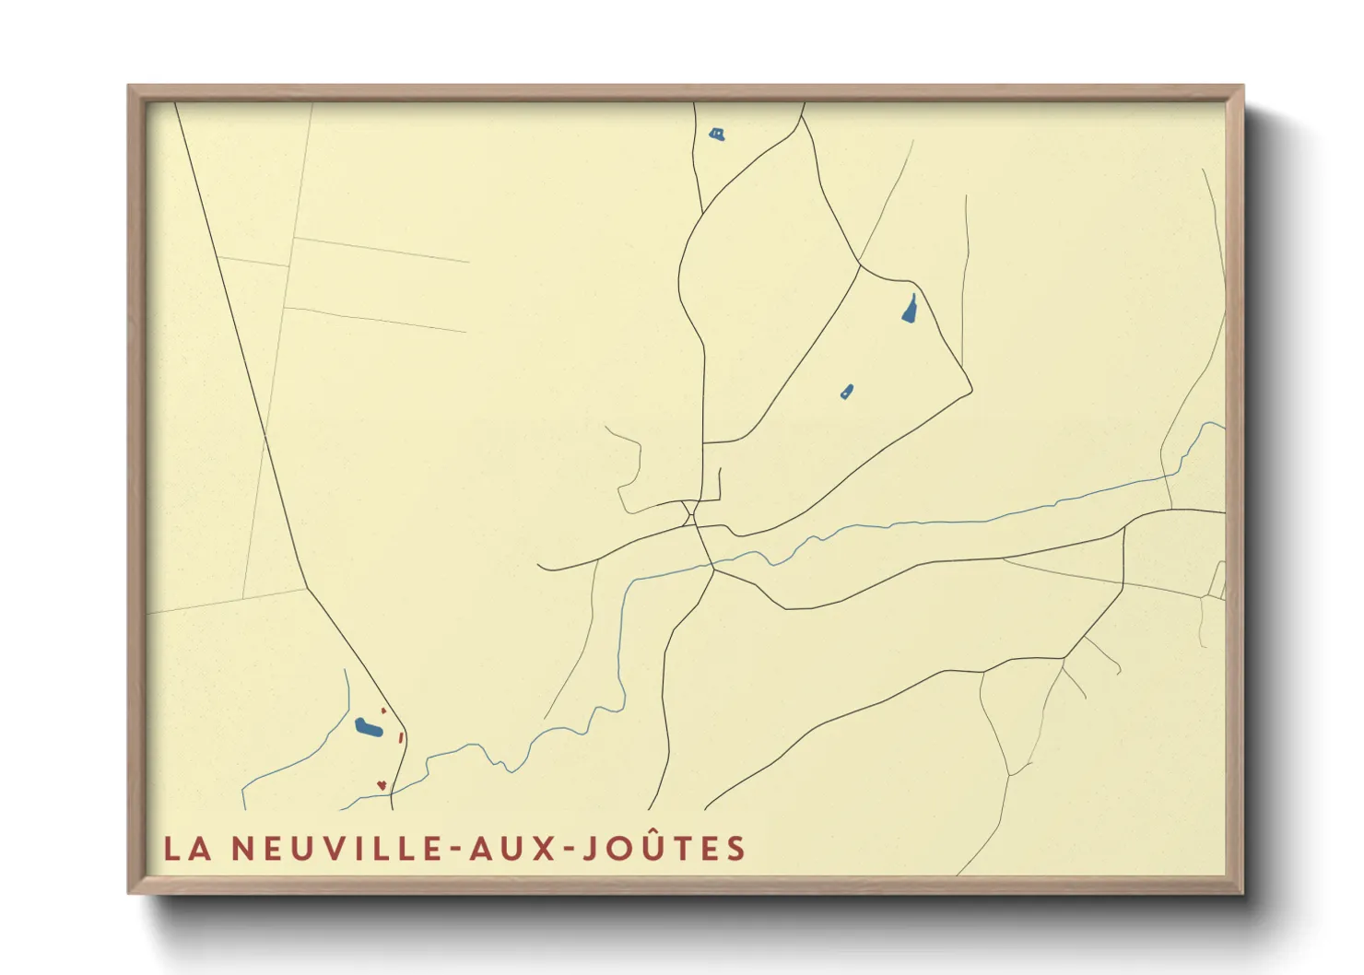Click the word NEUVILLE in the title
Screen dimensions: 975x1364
coord(337,849)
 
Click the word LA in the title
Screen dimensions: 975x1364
coord(188,849)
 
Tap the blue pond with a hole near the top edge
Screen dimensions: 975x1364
coord(716,135)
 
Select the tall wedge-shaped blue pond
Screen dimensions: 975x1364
coord(910,310)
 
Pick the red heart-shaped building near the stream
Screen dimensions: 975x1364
coord(381,785)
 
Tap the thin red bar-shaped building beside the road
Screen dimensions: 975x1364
coord(401,736)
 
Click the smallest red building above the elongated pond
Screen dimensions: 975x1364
coord(383,711)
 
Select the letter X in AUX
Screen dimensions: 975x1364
coord(547,849)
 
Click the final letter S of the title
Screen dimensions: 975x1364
coord(735,849)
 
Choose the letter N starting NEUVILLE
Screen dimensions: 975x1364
coord(242,849)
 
